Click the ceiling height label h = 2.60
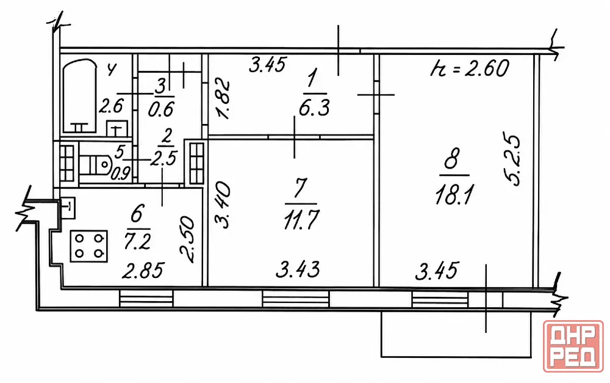(470, 68)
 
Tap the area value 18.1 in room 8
(454, 195)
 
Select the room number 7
(300, 189)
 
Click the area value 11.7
(301, 220)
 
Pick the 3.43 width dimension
(298, 269)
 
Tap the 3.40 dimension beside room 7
(223, 205)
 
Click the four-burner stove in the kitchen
(88, 246)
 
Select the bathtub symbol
(79, 95)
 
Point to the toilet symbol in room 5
(96, 164)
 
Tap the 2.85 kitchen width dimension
(143, 271)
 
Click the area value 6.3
(314, 107)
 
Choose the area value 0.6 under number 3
(160, 109)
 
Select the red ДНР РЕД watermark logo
(573, 346)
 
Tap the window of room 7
(296, 299)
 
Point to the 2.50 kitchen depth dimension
(187, 239)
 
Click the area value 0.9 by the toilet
(121, 173)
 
